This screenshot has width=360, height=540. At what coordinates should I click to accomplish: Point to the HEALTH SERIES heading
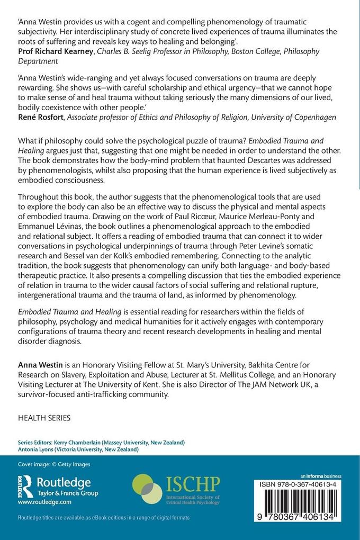pos(44,418)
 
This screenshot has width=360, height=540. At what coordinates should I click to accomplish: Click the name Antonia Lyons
pos(38,449)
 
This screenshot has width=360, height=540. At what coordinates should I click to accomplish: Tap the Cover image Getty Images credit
pos(54,464)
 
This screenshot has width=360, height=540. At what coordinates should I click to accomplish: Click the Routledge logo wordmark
pos(64,482)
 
